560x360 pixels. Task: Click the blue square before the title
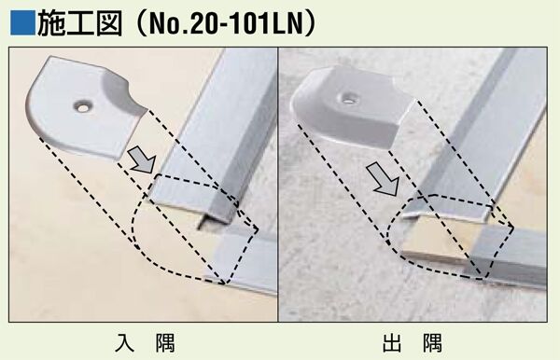point(22,23)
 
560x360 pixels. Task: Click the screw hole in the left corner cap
point(82,106)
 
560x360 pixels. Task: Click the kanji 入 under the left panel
point(125,343)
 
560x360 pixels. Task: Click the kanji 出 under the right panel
point(392,343)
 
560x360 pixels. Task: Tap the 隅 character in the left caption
point(165,343)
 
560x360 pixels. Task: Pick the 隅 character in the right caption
point(432,343)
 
